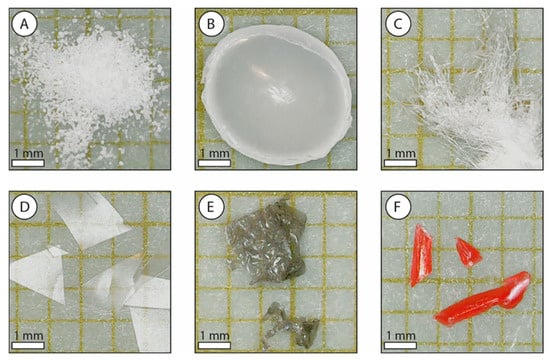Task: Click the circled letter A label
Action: pyautogui.click(x=24, y=24)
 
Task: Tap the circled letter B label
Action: pyautogui.click(x=211, y=24)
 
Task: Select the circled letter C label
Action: pyautogui.click(x=397, y=24)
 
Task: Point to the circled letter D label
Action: pyautogui.click(x=24, y=207)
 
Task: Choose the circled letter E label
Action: pyautogui.click(x=211, y=207)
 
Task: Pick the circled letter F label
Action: pyautogui.click(x=397, y=207)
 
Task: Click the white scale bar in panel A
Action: pyautogui.click(x=28, y=163)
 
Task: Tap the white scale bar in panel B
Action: pyautogui.click(x=214, y=163)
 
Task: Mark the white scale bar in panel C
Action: pyautogui.click(x=401, y=163)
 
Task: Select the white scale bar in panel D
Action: pyautogui.click(x=28, y=345)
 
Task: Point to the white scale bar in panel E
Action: pyautogui.click(x=214, y=345)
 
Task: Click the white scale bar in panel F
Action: pyautogui.click(x=401, y=345)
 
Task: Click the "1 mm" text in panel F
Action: pyautogui.click(x=401, y=336)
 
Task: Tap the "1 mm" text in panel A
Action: pyautogui.click(x=28, y=153)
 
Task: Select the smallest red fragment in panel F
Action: pyautogui.click(x=468, y=252)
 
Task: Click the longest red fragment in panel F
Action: pyautogui.click(x=484, y=299)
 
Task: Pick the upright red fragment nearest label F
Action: pyautogui.click(x=421, y=255)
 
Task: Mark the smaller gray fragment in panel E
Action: pyautogui.click(x=291, y=325)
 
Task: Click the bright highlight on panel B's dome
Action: pyautogui.click(x=281, y=94)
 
